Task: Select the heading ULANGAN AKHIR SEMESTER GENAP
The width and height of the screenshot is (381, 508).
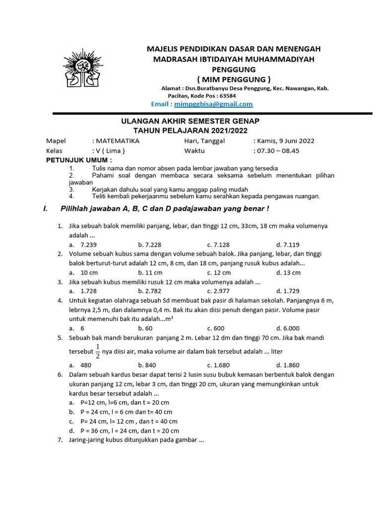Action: (x=191, y=121)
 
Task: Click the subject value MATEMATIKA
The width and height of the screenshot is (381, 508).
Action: (x=116, y=140)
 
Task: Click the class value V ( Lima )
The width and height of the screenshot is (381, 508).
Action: (x=109, y=151)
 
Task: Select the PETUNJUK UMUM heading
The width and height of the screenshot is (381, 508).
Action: (x=79, y=160)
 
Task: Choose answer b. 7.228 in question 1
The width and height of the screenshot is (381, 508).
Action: (x=150, y=245)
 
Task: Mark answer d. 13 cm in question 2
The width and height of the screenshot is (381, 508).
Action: (x=288, y=272)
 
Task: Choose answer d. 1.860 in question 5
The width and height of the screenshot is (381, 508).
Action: (x=288, y=365)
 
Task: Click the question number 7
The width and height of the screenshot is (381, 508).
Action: (x=60, y=440)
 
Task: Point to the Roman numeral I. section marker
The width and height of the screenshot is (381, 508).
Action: (x=46, y=208)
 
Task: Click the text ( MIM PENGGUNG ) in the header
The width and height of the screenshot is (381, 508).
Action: (x=234, y=79)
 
